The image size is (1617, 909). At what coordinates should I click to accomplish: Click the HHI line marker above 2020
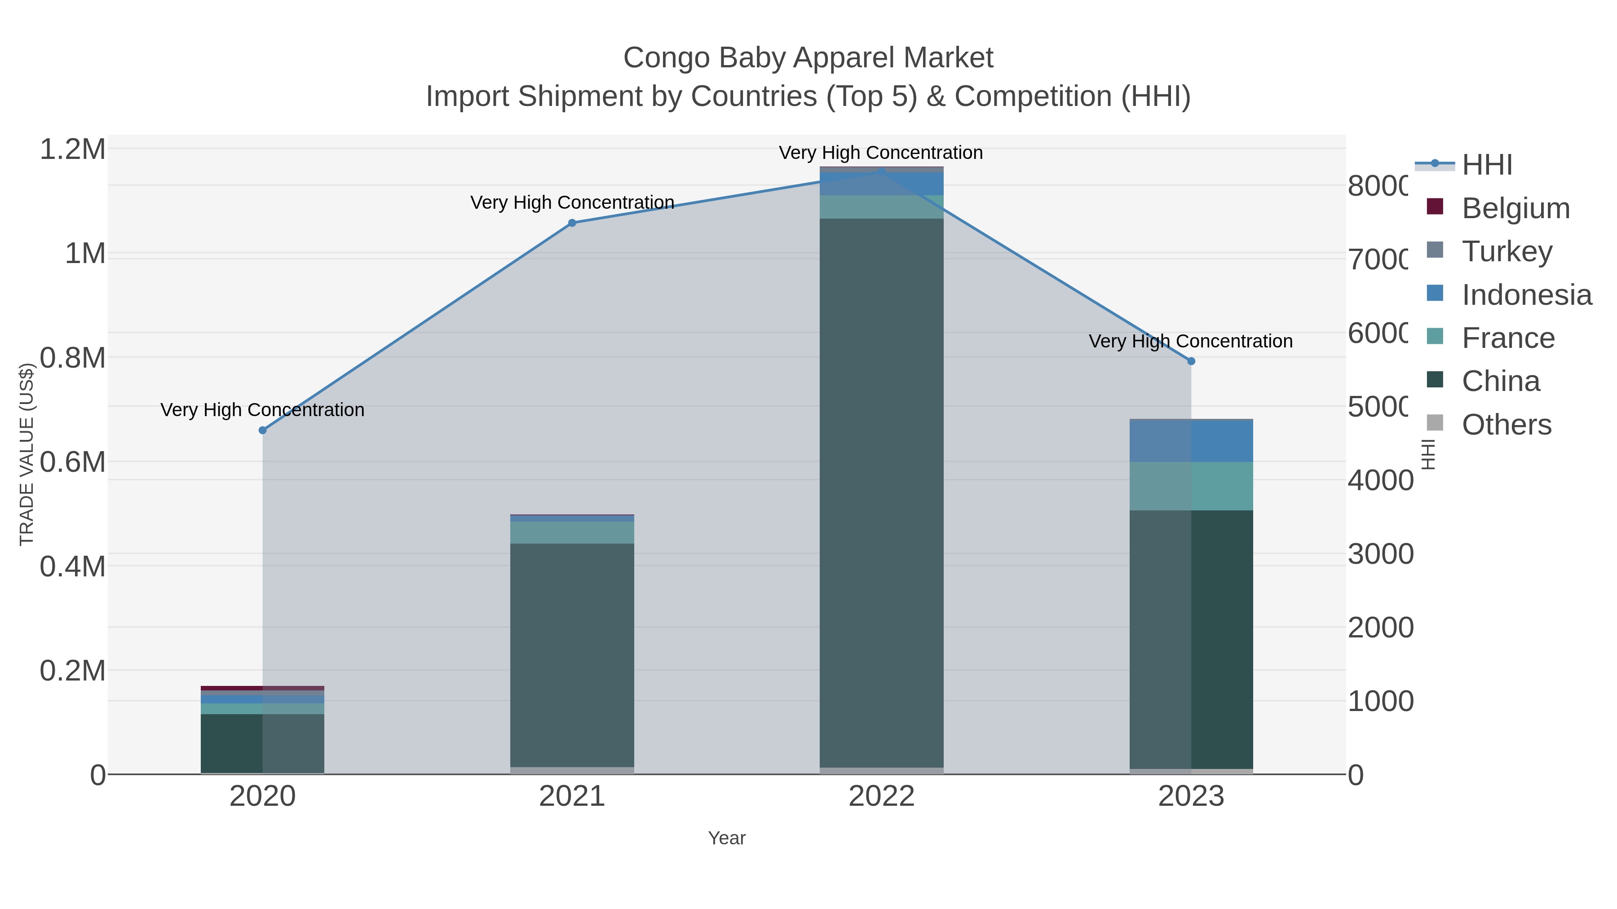pos(262,430)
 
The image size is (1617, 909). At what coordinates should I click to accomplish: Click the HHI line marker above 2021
pos(572,223)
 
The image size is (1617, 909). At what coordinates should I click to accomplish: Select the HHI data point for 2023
pos(1191,361)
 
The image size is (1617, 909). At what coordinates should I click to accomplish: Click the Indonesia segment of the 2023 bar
pos(1191,441)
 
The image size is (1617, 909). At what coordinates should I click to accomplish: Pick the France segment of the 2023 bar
pos(1191,486)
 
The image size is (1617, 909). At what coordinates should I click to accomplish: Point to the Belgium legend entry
pos(1515,208)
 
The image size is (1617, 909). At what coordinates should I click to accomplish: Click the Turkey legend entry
pos(1507,251)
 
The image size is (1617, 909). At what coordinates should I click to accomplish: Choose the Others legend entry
pos(1506,425)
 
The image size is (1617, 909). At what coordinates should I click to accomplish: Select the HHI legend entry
pos(1486,165)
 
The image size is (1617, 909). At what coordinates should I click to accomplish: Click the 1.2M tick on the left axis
pos(73,149)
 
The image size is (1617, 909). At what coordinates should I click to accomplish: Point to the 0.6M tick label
pos(73,462)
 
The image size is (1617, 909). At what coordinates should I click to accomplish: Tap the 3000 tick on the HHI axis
pos(1380,554)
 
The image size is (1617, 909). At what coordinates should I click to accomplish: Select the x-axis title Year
pos(726,838)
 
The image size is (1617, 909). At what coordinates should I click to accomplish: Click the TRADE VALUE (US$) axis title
pos(27,454)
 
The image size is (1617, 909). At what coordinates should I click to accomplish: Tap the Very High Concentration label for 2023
pos(1190,341)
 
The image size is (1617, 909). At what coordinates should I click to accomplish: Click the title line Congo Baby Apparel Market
pos(808,58)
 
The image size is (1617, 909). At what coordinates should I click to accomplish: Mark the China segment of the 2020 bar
pos(262,743)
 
